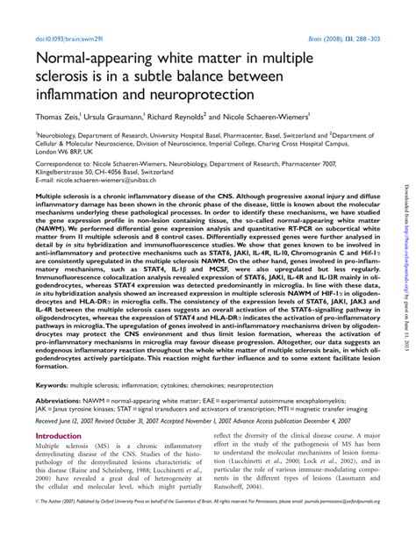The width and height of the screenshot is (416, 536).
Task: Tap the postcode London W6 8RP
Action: click(65, 151)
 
